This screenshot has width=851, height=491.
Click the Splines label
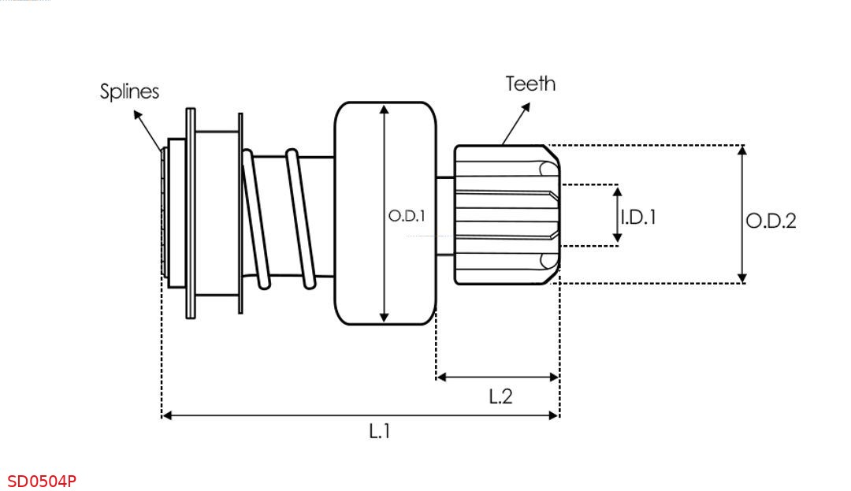pyautogui.click(x=130, y=91)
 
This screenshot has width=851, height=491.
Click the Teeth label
pyautogui.click(x=530, y=84)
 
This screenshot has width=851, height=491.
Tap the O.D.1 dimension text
pyautogui.click(x=407, y=216)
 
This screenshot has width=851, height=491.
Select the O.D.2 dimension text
pyautogui.click(x=771, y=221)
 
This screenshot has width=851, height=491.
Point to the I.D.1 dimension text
pyautogui.click(x=638, y=217)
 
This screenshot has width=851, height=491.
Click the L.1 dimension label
pyautogui.click(x=379, y=431)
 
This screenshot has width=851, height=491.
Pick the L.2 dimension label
pyautogui.click(x=500, y=396)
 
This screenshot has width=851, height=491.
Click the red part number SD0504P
pyautogui.click(x=42, y=482)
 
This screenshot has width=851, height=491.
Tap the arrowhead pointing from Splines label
pyautogui.click(x=138, y=115)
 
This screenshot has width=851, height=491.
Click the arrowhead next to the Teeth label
pyautogui.click(x=525, y=107)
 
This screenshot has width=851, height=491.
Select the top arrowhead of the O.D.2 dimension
pyautogui.click(x=742, y=151)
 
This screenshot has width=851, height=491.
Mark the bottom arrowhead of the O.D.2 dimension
pyautogui.click(x=742, y=278)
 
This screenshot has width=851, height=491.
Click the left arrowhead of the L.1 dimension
pyautogui.click(x=167, y=415)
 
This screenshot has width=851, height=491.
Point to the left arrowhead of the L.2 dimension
pyautogui.click(x=441, y=377)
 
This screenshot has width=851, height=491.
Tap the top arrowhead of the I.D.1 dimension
pyautogui.click(x=617, y=192)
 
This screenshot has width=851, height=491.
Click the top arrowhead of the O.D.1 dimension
pyautogui.click(x=385, y=110)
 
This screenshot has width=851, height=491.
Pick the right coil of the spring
pyautogui.click(x=301, y=218)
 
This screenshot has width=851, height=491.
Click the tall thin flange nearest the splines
pyautogui.click(x=191, y=214)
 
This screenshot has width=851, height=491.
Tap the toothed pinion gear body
pyautogui.click(x=507, y=215)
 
